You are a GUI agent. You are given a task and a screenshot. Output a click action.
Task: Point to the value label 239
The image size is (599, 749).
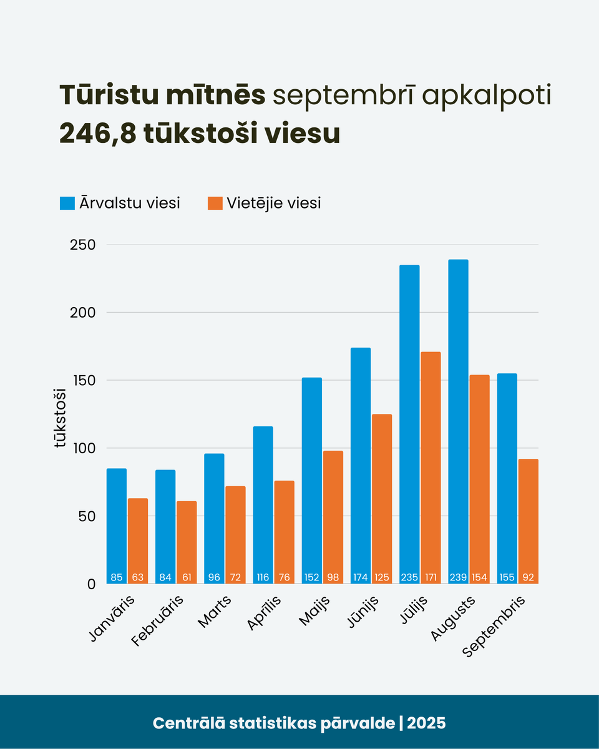[458, 577]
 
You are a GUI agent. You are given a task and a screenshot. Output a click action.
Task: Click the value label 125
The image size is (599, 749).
[382, 577]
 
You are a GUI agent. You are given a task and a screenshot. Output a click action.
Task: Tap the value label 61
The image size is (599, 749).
[187, 577]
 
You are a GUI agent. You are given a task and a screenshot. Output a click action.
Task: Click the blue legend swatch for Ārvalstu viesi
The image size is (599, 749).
[67, 203]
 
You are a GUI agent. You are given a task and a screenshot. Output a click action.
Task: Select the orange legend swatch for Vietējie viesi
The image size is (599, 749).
[215, 203]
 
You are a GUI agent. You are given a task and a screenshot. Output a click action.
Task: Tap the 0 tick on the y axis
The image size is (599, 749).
[91, 584]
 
